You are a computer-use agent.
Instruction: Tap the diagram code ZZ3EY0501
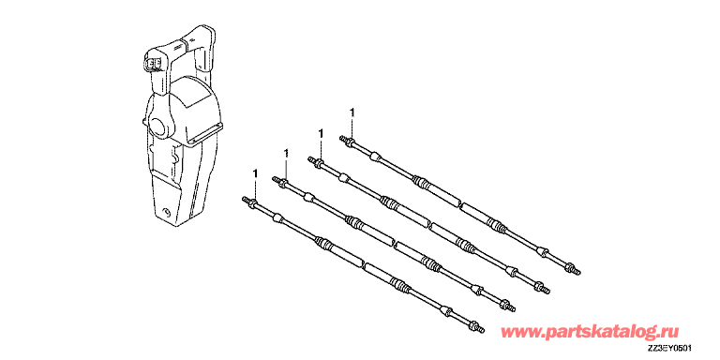coord(670,350)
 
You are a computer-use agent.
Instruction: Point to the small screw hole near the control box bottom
coord(166,213)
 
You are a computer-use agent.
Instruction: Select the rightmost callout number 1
coord(352,112)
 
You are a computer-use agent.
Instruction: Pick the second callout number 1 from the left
coord(286,153)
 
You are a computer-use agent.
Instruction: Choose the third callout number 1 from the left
coord(321,133)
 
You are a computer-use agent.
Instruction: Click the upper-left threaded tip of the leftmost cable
coord(244,199)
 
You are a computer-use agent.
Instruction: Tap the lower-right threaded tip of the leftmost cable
coord(481,329)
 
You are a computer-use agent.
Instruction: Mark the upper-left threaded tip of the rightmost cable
coord(341,138)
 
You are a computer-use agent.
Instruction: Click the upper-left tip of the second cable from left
coord(275,179)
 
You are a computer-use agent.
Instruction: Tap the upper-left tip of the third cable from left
coord(310,158)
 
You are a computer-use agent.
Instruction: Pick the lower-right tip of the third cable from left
coord(547,292)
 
